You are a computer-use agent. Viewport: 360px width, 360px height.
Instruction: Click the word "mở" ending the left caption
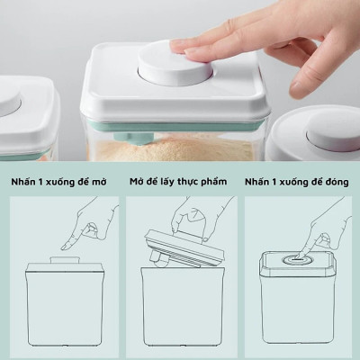click(x=107, y=180)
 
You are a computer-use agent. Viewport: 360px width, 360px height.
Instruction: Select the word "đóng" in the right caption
click(x=334, y=180)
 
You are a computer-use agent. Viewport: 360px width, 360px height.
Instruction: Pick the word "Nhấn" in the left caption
click(x=26, y=180)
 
